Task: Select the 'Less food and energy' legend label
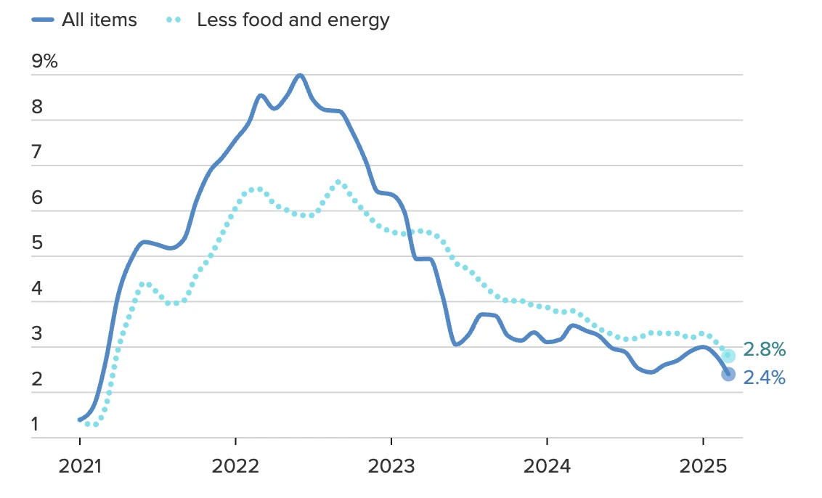pos(293,20)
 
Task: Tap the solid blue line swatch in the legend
pos(43,20)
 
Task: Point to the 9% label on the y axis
pos(44,62)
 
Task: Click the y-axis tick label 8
pos(38,107)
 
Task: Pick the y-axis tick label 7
pos(38,153)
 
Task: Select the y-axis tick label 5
pos(38,244)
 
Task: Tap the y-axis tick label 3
pos(38,335)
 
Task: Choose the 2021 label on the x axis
pos(79,465)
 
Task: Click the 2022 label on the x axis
pos(235,465)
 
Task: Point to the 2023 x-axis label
pos(391,465)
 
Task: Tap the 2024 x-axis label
pos(547,465)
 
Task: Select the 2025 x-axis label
pos(703,465)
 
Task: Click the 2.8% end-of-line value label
pos(764,350)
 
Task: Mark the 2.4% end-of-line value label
pos(764,377)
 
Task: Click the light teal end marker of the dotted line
pos(728,356)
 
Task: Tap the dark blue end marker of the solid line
pos(728,374)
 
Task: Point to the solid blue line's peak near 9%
pos(300,75)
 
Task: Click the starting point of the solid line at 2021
pos(80,420)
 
